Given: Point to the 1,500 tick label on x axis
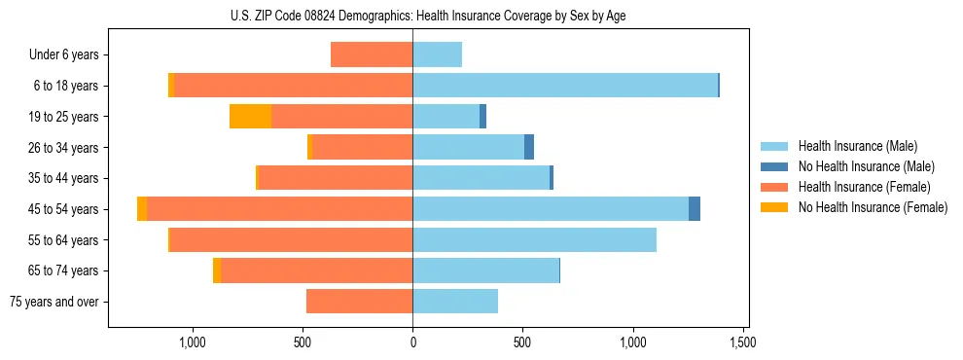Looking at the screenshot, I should point(744,342).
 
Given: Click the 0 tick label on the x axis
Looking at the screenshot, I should point(412,342).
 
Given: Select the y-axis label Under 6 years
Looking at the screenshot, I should point(64,55).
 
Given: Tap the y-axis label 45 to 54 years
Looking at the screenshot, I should point(64,209).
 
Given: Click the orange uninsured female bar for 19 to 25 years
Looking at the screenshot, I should point(250,117).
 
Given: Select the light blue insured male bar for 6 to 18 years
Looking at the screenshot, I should point(564,86).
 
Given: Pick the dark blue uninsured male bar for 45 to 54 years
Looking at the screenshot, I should point(695,209).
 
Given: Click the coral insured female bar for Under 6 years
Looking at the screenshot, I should point(372,54).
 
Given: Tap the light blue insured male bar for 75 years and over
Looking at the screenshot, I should point(455,302).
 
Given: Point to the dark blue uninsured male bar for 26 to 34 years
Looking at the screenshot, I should point(529,147).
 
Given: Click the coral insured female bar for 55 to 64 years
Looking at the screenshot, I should point(291,239).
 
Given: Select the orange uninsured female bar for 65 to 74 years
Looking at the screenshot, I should point(217,270).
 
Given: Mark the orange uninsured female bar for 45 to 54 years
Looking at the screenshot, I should point(142,209).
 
